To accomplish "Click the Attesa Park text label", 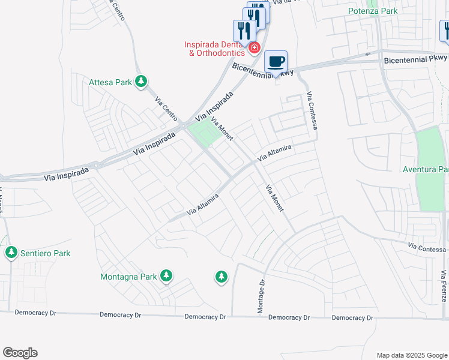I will click(110, 82).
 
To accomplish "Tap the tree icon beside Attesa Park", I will click(141, 81).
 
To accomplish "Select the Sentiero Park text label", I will click(45, 253).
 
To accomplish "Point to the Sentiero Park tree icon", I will click(11, 253).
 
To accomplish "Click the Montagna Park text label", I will click(128, 277).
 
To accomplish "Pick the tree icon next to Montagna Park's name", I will click(166, 276).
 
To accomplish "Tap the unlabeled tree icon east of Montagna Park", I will click(221, 277).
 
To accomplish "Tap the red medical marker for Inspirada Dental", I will click(255, 47).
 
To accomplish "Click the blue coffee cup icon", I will click(276, 61).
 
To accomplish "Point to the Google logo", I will click(20, 353).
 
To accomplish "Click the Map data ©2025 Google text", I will click(411, 355).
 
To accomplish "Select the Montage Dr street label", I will click(262, 296).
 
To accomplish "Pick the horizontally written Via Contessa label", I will click(427, 247).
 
